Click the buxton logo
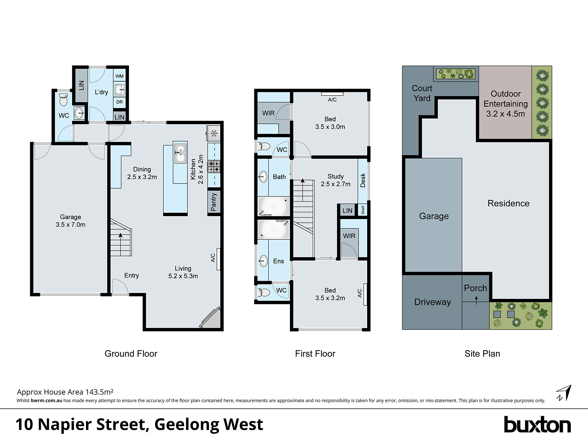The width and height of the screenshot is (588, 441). click(x=537, y=425)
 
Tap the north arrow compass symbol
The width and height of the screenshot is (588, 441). click(x=564, y=393)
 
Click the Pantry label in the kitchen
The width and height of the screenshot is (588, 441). click(x=214, y=202)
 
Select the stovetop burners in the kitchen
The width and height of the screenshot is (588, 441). click(x=214, y=166)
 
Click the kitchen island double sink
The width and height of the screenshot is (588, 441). click(x=180, y=153)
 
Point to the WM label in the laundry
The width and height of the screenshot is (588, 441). click(x=119, y=76)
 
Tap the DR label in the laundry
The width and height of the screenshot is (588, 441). click(x=119, y=102)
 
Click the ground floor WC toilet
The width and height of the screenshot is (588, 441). click(x=64, y=99)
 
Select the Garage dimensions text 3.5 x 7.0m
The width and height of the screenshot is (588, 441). click(x=71, y=225)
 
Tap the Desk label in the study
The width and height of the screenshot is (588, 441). click(x=363, y=180)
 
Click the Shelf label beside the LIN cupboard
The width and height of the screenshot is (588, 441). click(x=363, y=210)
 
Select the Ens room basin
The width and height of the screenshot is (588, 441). click(x=263, y=261)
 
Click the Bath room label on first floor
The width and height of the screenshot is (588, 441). click(x=279, y=177)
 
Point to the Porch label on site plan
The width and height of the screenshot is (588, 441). click(x=475, y=288)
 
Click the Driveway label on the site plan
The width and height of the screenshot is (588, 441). click(x=432, y=302)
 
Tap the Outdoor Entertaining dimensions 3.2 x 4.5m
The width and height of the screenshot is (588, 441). click(x=505, y=114)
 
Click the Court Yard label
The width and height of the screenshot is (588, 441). click(x=422, y=93)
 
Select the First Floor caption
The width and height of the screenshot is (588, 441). click(x=315, y=354)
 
